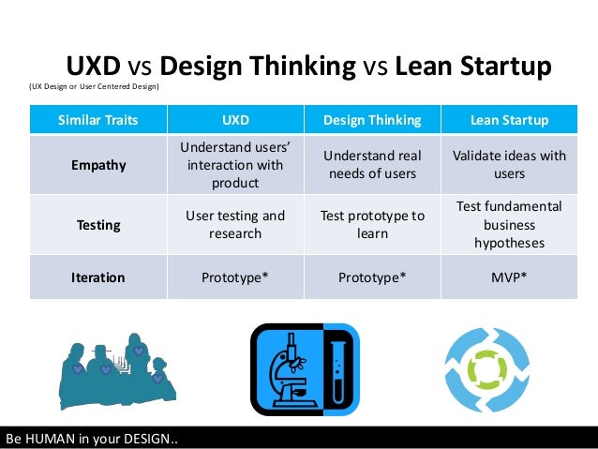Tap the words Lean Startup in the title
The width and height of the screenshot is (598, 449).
tap(472, 67)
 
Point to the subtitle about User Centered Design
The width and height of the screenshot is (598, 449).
tap(94, 87)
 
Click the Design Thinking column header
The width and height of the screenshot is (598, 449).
tap(372, 121)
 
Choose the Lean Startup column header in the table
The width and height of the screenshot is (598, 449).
tap(509, 121)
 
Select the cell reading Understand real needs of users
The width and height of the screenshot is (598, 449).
tap(372, 165)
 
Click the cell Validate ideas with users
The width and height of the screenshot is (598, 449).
tap(509, 165)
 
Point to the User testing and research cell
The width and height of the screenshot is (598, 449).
tap(234, 225)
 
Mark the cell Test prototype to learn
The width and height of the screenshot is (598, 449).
tap(372, 225)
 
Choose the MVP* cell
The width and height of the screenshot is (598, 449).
tap(509, 277)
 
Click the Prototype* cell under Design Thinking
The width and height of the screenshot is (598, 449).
tap(372, 277)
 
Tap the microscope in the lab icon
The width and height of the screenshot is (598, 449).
tap(286, 370)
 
